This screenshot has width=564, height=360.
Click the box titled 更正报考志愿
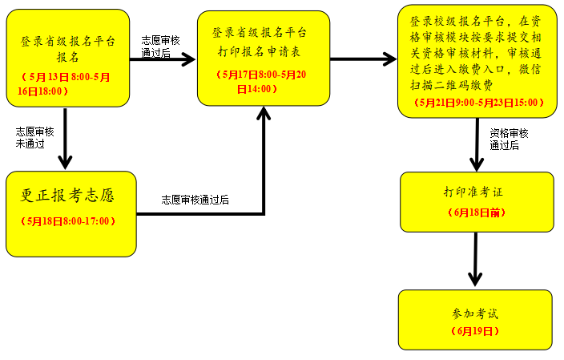tap(70, 196)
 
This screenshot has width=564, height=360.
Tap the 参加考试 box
tap(475, 313)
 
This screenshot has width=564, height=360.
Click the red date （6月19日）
tap(475, 330)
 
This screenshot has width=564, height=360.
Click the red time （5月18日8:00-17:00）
tap(70, 221)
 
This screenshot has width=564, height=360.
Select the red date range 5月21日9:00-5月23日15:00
tap(478, 103)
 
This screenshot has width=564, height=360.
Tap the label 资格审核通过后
tap(510, 139)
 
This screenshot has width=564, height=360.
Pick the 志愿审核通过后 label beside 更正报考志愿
tap(195, 200)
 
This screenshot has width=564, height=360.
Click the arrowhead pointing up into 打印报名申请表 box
tap(264, 113)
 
